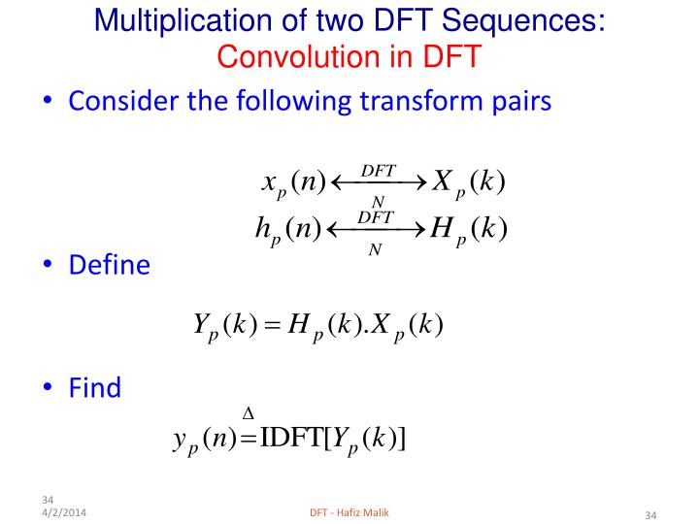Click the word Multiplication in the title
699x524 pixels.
tap(183, 21)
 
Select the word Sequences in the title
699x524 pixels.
tap(523, 21)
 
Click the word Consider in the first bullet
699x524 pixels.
tap(123, 101)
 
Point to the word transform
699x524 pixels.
tap(421, 101)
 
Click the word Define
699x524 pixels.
tap(109, 265)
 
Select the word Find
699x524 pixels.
tap(95, 387)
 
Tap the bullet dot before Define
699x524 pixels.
tap(48, 263)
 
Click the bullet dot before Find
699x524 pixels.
tap(48, 386)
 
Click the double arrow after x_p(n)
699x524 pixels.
tap(379, 182)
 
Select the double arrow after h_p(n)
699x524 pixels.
tap(376, 230)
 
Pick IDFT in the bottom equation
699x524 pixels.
tap(291, 437)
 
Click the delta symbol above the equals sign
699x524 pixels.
tap(249, 414)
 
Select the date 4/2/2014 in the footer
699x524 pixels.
tap(64, 512)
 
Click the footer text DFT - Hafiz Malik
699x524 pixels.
tap(349, 512)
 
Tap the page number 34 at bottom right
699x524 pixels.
tap(650, 515)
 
